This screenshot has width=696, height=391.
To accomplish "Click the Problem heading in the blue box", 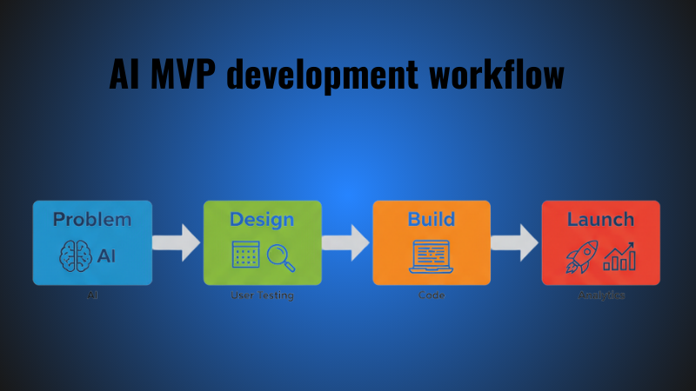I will coord(92,219).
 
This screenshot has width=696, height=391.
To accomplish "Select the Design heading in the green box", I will coord(262,219).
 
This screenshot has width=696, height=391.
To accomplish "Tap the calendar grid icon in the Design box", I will coord(245,255).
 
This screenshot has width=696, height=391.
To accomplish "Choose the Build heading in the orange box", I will coord(432,219).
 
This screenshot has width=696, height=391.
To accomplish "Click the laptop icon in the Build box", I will coord(432,255).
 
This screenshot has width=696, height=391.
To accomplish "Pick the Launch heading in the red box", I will coord(600,219).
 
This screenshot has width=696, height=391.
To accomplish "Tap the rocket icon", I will coord(580,255).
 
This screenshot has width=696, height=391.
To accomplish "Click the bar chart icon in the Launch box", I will coord(620,255).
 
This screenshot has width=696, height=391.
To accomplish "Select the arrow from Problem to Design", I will coord(177,242).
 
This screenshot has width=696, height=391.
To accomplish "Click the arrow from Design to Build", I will coord(347,242).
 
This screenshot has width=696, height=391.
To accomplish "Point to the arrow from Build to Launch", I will coord(516,242).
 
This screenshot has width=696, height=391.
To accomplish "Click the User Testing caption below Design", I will coord(262,295).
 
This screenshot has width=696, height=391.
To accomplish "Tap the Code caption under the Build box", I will coord(432,295).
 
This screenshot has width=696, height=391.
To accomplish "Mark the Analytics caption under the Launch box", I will coord(601,295).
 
